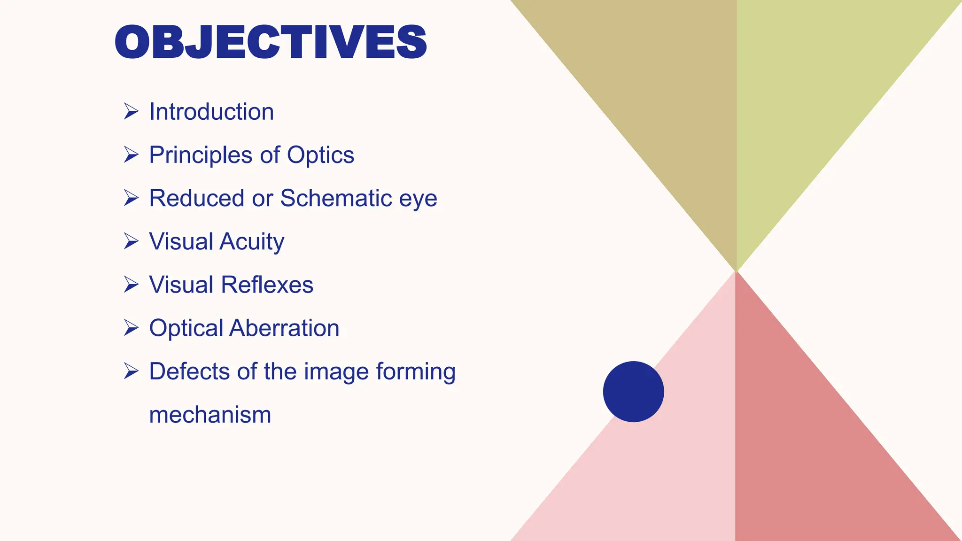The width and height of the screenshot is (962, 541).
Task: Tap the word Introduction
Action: click(211, 112)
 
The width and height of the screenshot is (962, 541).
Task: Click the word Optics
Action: click(320, 155)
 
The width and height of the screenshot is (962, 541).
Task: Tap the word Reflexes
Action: click(267, 285)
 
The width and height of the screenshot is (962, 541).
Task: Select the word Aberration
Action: click(284, 328)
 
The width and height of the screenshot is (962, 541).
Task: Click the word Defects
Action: click(190, 371)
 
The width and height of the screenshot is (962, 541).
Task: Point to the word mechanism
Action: click(210, 415)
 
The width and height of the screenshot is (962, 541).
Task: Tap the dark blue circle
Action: click(633, 392)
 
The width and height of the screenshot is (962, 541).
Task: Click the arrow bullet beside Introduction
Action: click(131, 111)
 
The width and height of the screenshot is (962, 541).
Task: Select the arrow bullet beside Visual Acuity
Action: click(131, 241)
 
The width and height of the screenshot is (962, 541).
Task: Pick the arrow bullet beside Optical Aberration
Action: click(131, 327)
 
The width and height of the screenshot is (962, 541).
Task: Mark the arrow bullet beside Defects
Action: click(131, 371)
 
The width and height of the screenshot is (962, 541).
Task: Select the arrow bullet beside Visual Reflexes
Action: click(131, 284)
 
